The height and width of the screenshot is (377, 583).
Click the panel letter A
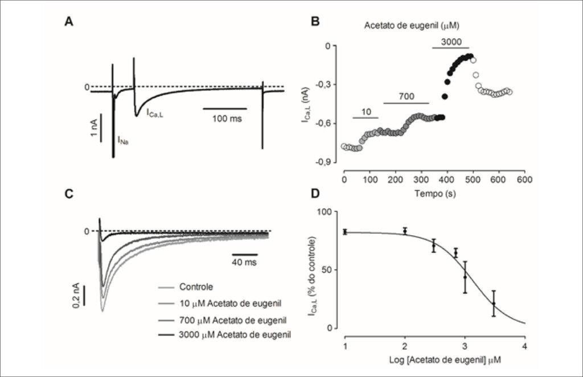coord(69,22)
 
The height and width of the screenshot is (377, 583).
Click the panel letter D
coord(315,194)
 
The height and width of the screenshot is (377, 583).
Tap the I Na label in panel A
coord(123,140)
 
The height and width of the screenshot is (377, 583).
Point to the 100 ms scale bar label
coord(227,118)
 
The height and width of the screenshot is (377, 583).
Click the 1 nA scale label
coord(94,128)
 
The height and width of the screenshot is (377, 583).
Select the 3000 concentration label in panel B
coord(451,42)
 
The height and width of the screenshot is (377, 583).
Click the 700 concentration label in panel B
coord(407,97)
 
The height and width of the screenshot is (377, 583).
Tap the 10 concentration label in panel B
coord(366,112)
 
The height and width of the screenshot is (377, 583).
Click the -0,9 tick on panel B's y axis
coord(324,162)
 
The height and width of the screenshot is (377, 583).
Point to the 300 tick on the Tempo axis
coord(421,180)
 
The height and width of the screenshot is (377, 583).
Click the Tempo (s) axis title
coord(436,193)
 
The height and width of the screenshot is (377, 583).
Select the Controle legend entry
coord(196,287)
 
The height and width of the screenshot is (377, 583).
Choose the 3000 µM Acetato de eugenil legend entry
coord(235,335)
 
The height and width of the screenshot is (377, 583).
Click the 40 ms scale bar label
coord(244,262)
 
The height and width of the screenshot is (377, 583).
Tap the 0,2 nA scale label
coord(76,296)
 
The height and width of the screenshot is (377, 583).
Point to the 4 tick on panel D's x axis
coord(524,347)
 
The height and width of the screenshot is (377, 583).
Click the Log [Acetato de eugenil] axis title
coord(445,360)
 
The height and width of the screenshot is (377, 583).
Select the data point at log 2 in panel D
coord(405,231)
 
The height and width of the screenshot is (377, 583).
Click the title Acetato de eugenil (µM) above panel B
coord(412,26)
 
